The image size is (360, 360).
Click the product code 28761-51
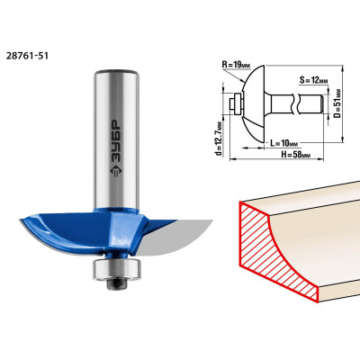(27, 56)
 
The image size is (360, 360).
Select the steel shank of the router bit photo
(116, 139)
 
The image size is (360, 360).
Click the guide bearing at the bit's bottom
(117, 269)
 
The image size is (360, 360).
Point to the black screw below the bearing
(117, 284)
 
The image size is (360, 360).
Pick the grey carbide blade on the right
(175, 237)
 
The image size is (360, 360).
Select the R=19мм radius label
(237, 64)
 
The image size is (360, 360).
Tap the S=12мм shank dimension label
(314, 80)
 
